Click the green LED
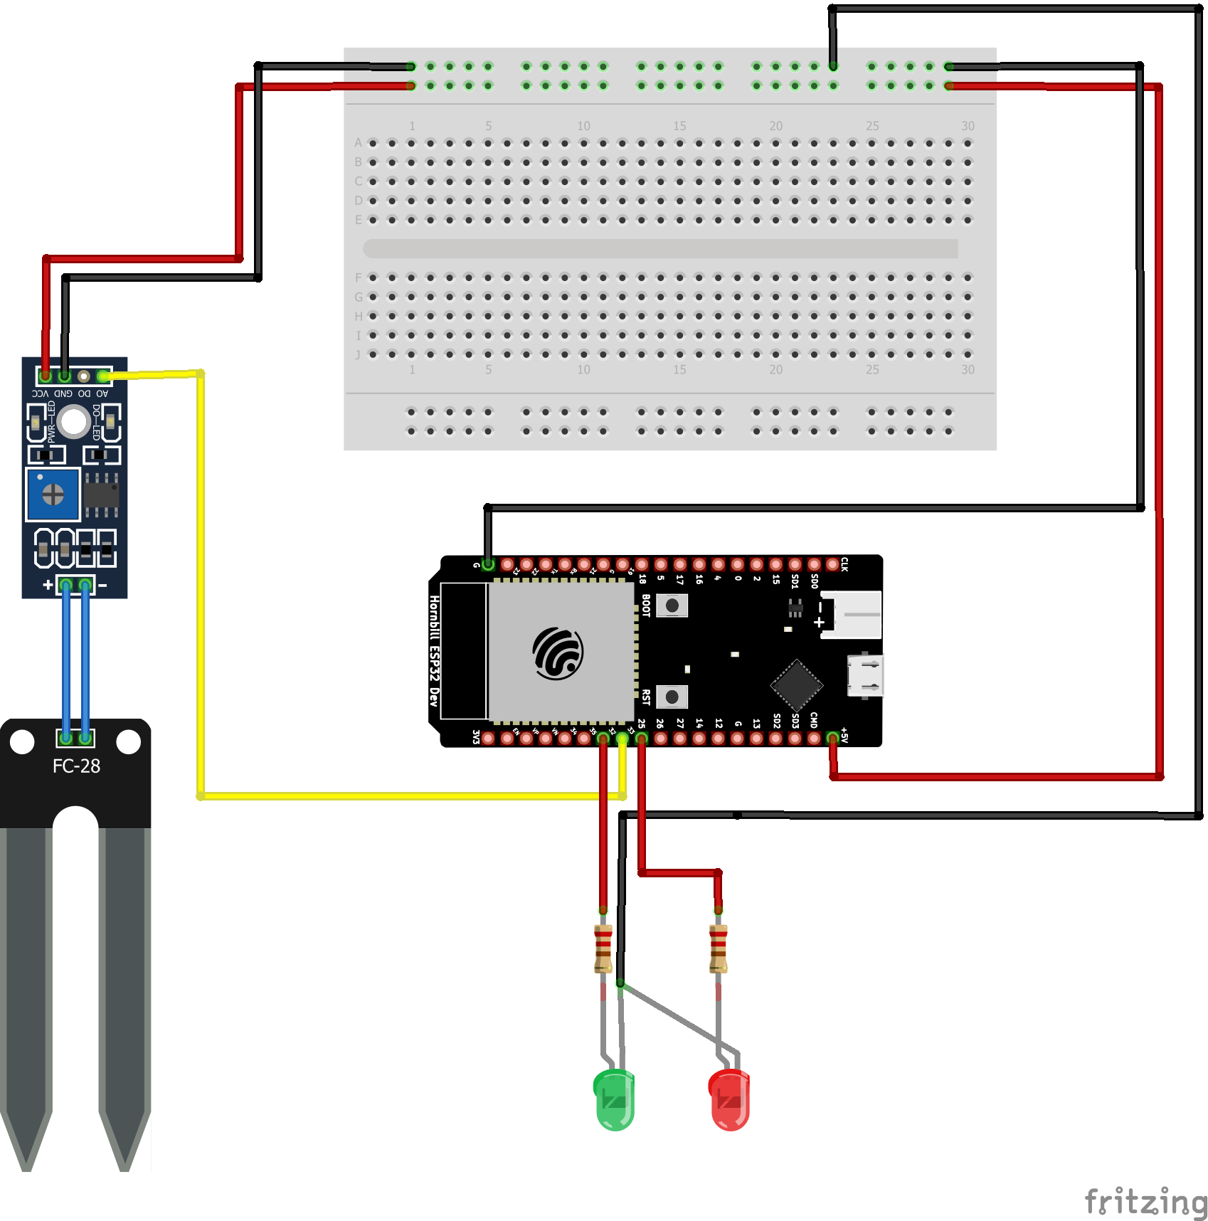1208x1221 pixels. pos(614,1099)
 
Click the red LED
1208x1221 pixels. pos(729,1099)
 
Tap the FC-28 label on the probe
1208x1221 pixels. pos(76,766)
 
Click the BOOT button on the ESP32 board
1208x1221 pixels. pos(672,606)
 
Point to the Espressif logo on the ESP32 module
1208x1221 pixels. pos(558,653)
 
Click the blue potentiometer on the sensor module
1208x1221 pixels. pos(53,494)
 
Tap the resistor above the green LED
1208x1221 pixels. pos(603,948)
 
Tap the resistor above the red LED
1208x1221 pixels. pos(719,948)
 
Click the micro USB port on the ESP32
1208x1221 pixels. pos(865,675)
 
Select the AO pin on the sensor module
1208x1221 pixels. pos(103,376)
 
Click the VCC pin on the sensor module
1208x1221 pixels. pos(46,376)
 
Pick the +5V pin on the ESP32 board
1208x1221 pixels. pos(832,739)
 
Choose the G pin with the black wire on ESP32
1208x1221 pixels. pos(488,565)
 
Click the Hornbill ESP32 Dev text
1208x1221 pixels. pos(434,650)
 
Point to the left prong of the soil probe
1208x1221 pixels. pos(26,996)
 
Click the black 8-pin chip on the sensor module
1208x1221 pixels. pos(101,494)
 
